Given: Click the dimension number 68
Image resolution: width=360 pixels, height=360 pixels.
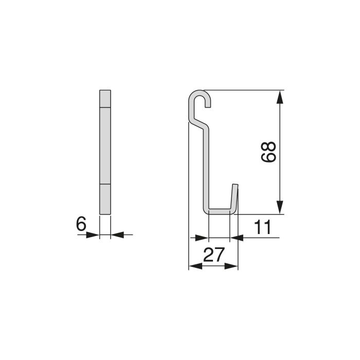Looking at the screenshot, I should (x=269, y=152).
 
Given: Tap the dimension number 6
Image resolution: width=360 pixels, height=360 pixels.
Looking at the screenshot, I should (x=80, y=224).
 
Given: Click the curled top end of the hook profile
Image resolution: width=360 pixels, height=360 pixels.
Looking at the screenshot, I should (x=201, y=96).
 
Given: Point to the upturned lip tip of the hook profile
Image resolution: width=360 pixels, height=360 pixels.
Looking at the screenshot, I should (x=236, y=186).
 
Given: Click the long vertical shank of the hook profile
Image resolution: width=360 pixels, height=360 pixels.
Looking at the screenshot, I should (x=206, y=165).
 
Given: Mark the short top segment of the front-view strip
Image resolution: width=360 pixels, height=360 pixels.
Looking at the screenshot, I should (x=104, y=98).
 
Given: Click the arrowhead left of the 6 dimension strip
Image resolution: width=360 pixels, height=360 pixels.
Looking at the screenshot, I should (x=93, y=235).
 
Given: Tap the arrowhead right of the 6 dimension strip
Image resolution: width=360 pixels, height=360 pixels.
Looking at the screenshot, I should (x=116, y=235).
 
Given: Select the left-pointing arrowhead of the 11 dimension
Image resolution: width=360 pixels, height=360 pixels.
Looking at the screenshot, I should (x=236, y=238).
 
